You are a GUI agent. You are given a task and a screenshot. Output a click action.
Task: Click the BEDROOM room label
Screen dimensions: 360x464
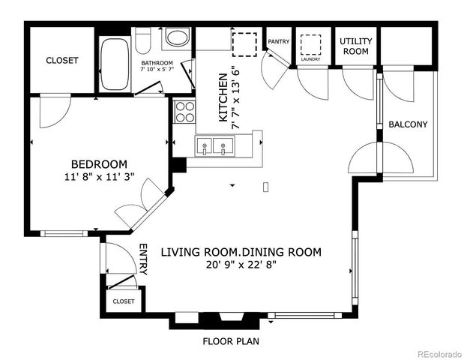pyautogui.click(x=99, y=164)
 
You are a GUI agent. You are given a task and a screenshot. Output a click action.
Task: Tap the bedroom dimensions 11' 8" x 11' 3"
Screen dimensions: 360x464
pyautogui.click(x=99, y=178)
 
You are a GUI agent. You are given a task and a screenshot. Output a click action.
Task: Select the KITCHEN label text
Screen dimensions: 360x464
pyautogui.click(x=223, y=97)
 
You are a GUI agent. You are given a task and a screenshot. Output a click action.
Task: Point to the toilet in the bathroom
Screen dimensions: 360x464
pyautogui.click(x=145, y=37)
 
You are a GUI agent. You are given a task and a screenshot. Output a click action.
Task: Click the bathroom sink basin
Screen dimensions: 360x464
pyautogui.click(x=178, y=37)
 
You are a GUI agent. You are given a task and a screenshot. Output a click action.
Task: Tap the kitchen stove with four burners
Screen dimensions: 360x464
pyautogui.click(x=184, y=112)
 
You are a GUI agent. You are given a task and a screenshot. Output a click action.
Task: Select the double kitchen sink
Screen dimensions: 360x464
pyautogui.click(x=214, y=145)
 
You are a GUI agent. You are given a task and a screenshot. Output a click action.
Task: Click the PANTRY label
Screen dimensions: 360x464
pyautogui.click(x=278, y=42)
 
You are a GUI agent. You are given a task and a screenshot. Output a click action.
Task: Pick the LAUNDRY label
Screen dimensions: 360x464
pyautogui.click(x=310, y=58)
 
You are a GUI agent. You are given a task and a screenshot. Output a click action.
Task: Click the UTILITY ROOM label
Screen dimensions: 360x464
pyautogui.click(x=355, y=46)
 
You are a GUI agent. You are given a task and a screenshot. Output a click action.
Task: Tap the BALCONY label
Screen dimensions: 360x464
pyautogui.click(x=408, y=124)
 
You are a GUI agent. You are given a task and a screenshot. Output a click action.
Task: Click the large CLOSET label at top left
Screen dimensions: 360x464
pyautogui.click(x=61, y=61)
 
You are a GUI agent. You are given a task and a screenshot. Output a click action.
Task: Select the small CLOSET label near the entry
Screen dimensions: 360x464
pyautogui.click(x=124, y=301)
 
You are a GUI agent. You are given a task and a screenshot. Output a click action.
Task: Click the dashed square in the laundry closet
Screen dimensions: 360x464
pyautogui.click(x=310, y=43)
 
